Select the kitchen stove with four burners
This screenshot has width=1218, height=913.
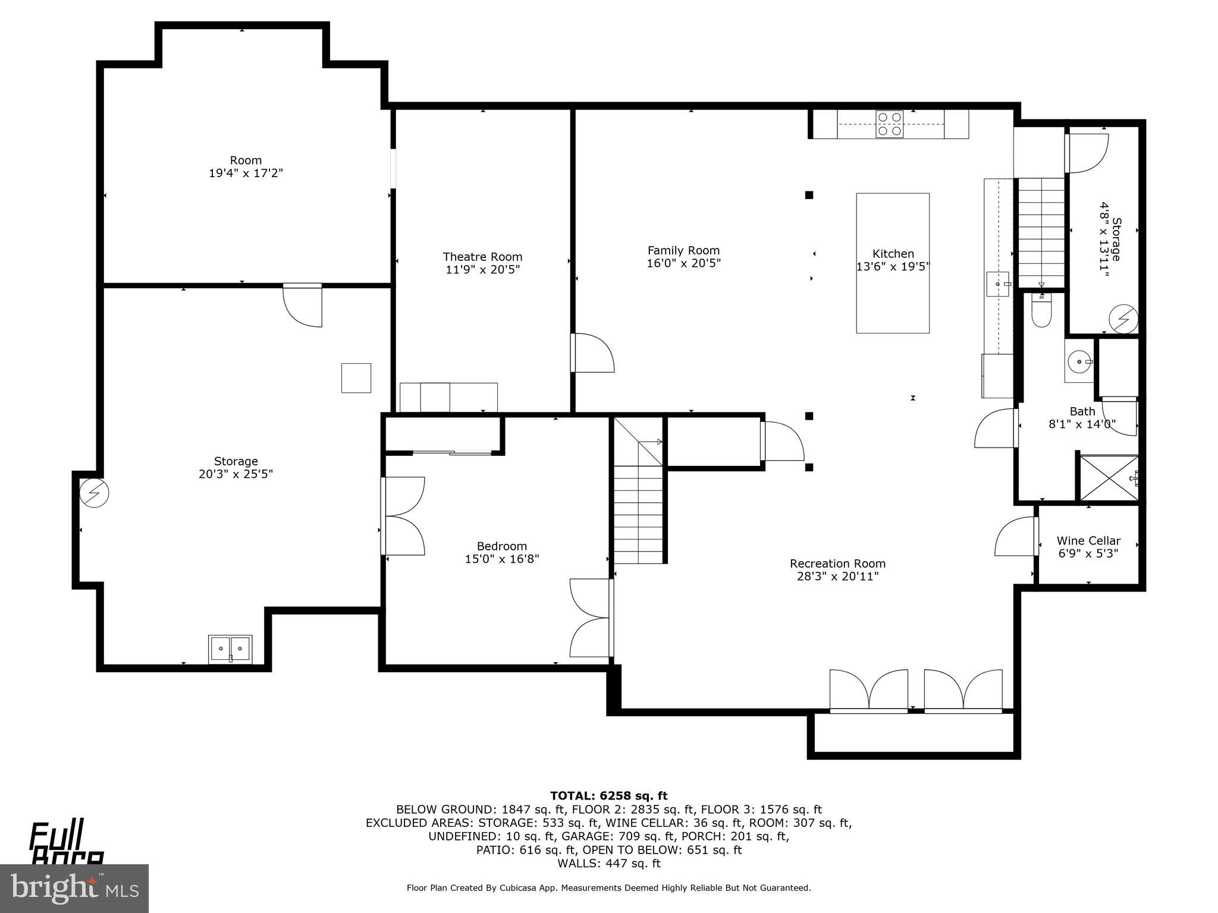[x=889, y=124]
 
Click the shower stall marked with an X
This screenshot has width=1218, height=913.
[x=1109, y=478]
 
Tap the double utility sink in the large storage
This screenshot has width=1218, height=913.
[x=230, y=648]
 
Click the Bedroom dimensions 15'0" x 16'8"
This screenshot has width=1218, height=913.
[x=502, y=559]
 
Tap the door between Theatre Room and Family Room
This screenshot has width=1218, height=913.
[x=592, y=353]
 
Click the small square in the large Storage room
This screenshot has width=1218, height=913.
[x=356, y=378]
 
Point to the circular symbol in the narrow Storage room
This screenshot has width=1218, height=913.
[x=1123, y=319]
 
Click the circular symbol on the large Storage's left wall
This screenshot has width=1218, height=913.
[x=95, y=493]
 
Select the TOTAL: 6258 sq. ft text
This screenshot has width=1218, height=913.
[x=608, y=796]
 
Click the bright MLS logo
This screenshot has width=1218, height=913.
[x=74, y=888]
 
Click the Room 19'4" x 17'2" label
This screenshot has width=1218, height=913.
[x=246, y=166]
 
